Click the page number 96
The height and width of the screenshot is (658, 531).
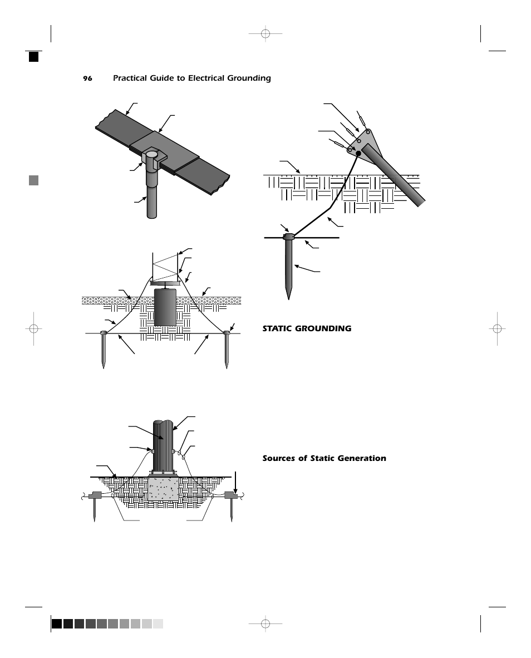87,78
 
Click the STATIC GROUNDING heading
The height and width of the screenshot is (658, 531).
307,328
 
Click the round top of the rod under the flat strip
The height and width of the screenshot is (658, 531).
152,153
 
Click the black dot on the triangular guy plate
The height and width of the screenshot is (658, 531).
358,153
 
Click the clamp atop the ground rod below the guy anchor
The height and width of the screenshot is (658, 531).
288,237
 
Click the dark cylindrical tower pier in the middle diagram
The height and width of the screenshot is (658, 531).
165,307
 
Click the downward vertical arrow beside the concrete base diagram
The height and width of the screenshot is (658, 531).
237,482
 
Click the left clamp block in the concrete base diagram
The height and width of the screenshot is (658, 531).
95,495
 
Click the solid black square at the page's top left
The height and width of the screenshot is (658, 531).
34,56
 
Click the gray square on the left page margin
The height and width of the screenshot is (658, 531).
34,180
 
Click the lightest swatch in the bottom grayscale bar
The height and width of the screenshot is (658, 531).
158,623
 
